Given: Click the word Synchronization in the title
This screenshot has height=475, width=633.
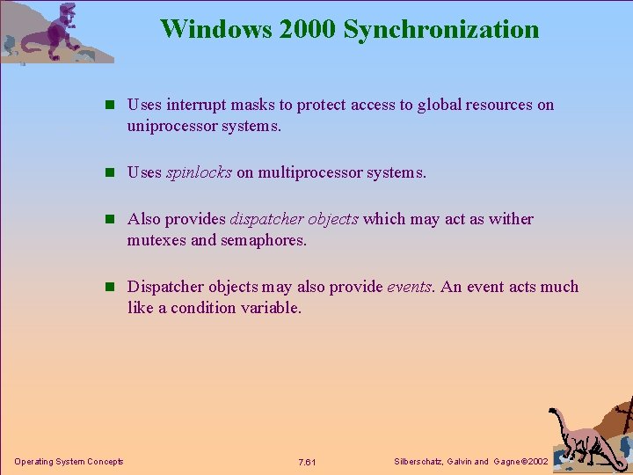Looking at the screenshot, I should [x=441, y=29].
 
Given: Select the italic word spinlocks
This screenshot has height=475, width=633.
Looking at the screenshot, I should [x=199, y=172].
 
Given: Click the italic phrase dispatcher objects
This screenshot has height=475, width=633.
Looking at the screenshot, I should [x=294, y=219].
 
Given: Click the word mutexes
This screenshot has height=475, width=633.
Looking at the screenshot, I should [x=156, y=240].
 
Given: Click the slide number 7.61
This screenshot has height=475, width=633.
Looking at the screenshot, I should [x=307, y=462].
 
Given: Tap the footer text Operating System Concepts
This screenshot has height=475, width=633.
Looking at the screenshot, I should [x=69, y=462].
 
